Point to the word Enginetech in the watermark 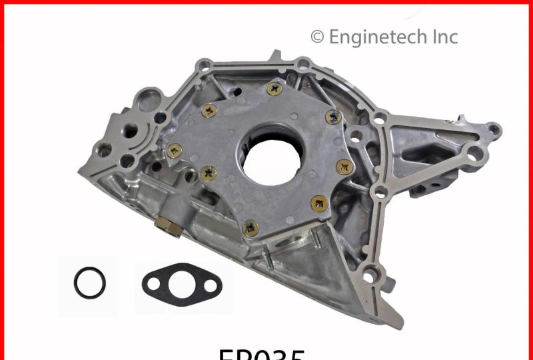click(x=380, y=37)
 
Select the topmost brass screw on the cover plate click(x=274, y=88)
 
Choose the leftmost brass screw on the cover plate click(x=175, y=151)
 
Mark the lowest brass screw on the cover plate click(x=250, y=229)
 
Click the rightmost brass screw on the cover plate click(x=344, y=166)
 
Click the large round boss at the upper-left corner click(x=145, y=102)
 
